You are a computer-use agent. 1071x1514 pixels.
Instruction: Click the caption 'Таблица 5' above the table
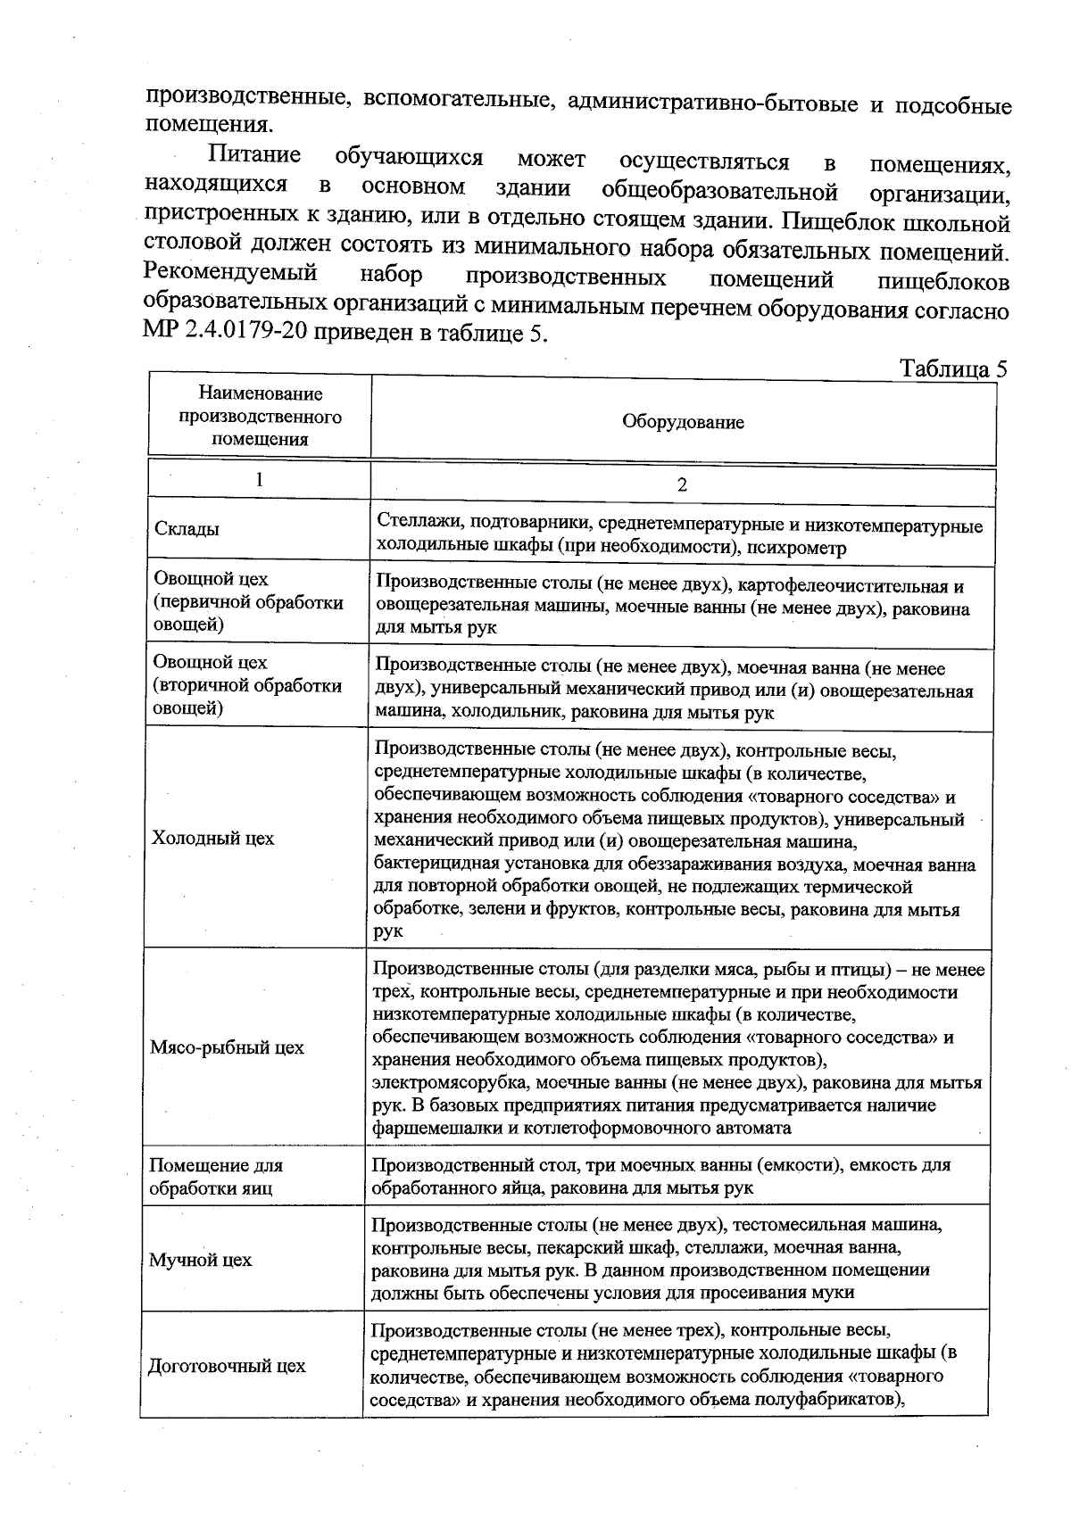tap(952, 369)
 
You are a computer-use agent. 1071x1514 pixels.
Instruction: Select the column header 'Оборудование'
tap(683, 422)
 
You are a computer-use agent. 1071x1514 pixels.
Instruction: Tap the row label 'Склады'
tap(186, 529)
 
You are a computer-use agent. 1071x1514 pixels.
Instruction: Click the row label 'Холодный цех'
tap(213, 838)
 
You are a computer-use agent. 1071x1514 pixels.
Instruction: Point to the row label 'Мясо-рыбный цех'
tap(227, 1047)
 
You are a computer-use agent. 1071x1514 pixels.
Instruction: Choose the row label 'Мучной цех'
tap(200, 1260)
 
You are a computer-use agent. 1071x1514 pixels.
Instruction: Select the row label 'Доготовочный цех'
tap(227, 1366)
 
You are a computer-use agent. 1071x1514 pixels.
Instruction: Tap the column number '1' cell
tap(259, 479)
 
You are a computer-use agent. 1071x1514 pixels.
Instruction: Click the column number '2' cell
tap(683, 485)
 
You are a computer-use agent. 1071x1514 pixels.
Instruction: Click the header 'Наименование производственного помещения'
tap(260, 416)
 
